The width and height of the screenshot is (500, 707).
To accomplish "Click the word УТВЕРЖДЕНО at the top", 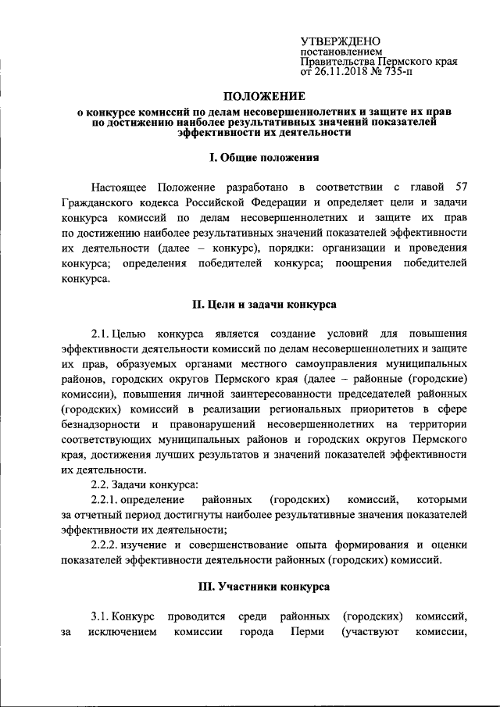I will point(341,41).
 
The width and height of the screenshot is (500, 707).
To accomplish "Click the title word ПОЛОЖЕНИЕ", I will point(264,97).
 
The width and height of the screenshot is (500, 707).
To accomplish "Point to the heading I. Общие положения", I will point(264,158).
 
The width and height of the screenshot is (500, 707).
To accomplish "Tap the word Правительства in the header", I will point(338,61).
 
